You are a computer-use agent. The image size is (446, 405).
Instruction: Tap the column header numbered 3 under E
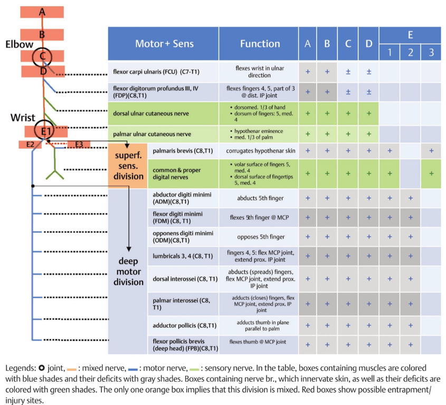click(x=431, y=53)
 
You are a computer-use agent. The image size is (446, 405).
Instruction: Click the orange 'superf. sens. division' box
click(x=128, y=166)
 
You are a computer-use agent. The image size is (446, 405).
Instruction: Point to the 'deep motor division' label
click(x=129, y=272)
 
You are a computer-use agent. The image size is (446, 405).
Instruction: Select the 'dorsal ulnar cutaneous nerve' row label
click(x=151, y=113)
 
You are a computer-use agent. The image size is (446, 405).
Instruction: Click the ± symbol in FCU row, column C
click(x=348, y=72)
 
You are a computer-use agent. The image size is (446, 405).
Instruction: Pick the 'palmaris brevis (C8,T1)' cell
click(x=183, y=151)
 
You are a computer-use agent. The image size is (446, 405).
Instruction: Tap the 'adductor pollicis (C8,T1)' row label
click(x=185, y=325)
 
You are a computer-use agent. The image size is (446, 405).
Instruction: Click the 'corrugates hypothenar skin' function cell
click(x=261, y=151)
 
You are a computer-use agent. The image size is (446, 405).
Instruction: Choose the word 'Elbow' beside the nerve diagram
click(x=20, y=44)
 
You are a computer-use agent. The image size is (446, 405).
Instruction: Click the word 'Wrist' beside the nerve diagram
click(x=23, y=118)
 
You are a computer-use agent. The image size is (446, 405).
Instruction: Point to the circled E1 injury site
click(x=44, y=130)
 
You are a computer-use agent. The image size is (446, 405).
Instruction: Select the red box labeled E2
click(x=30, y=144)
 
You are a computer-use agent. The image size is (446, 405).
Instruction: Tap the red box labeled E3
click(x=79, y=144)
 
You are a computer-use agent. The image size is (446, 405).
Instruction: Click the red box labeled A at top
click(x=42, y=12)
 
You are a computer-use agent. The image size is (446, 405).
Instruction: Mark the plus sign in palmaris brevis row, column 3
click(x=431, y=151)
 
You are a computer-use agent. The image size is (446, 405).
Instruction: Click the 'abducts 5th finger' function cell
click(x=260, y=198)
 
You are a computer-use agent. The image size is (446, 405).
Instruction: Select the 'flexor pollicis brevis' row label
click(x=185, y=345)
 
